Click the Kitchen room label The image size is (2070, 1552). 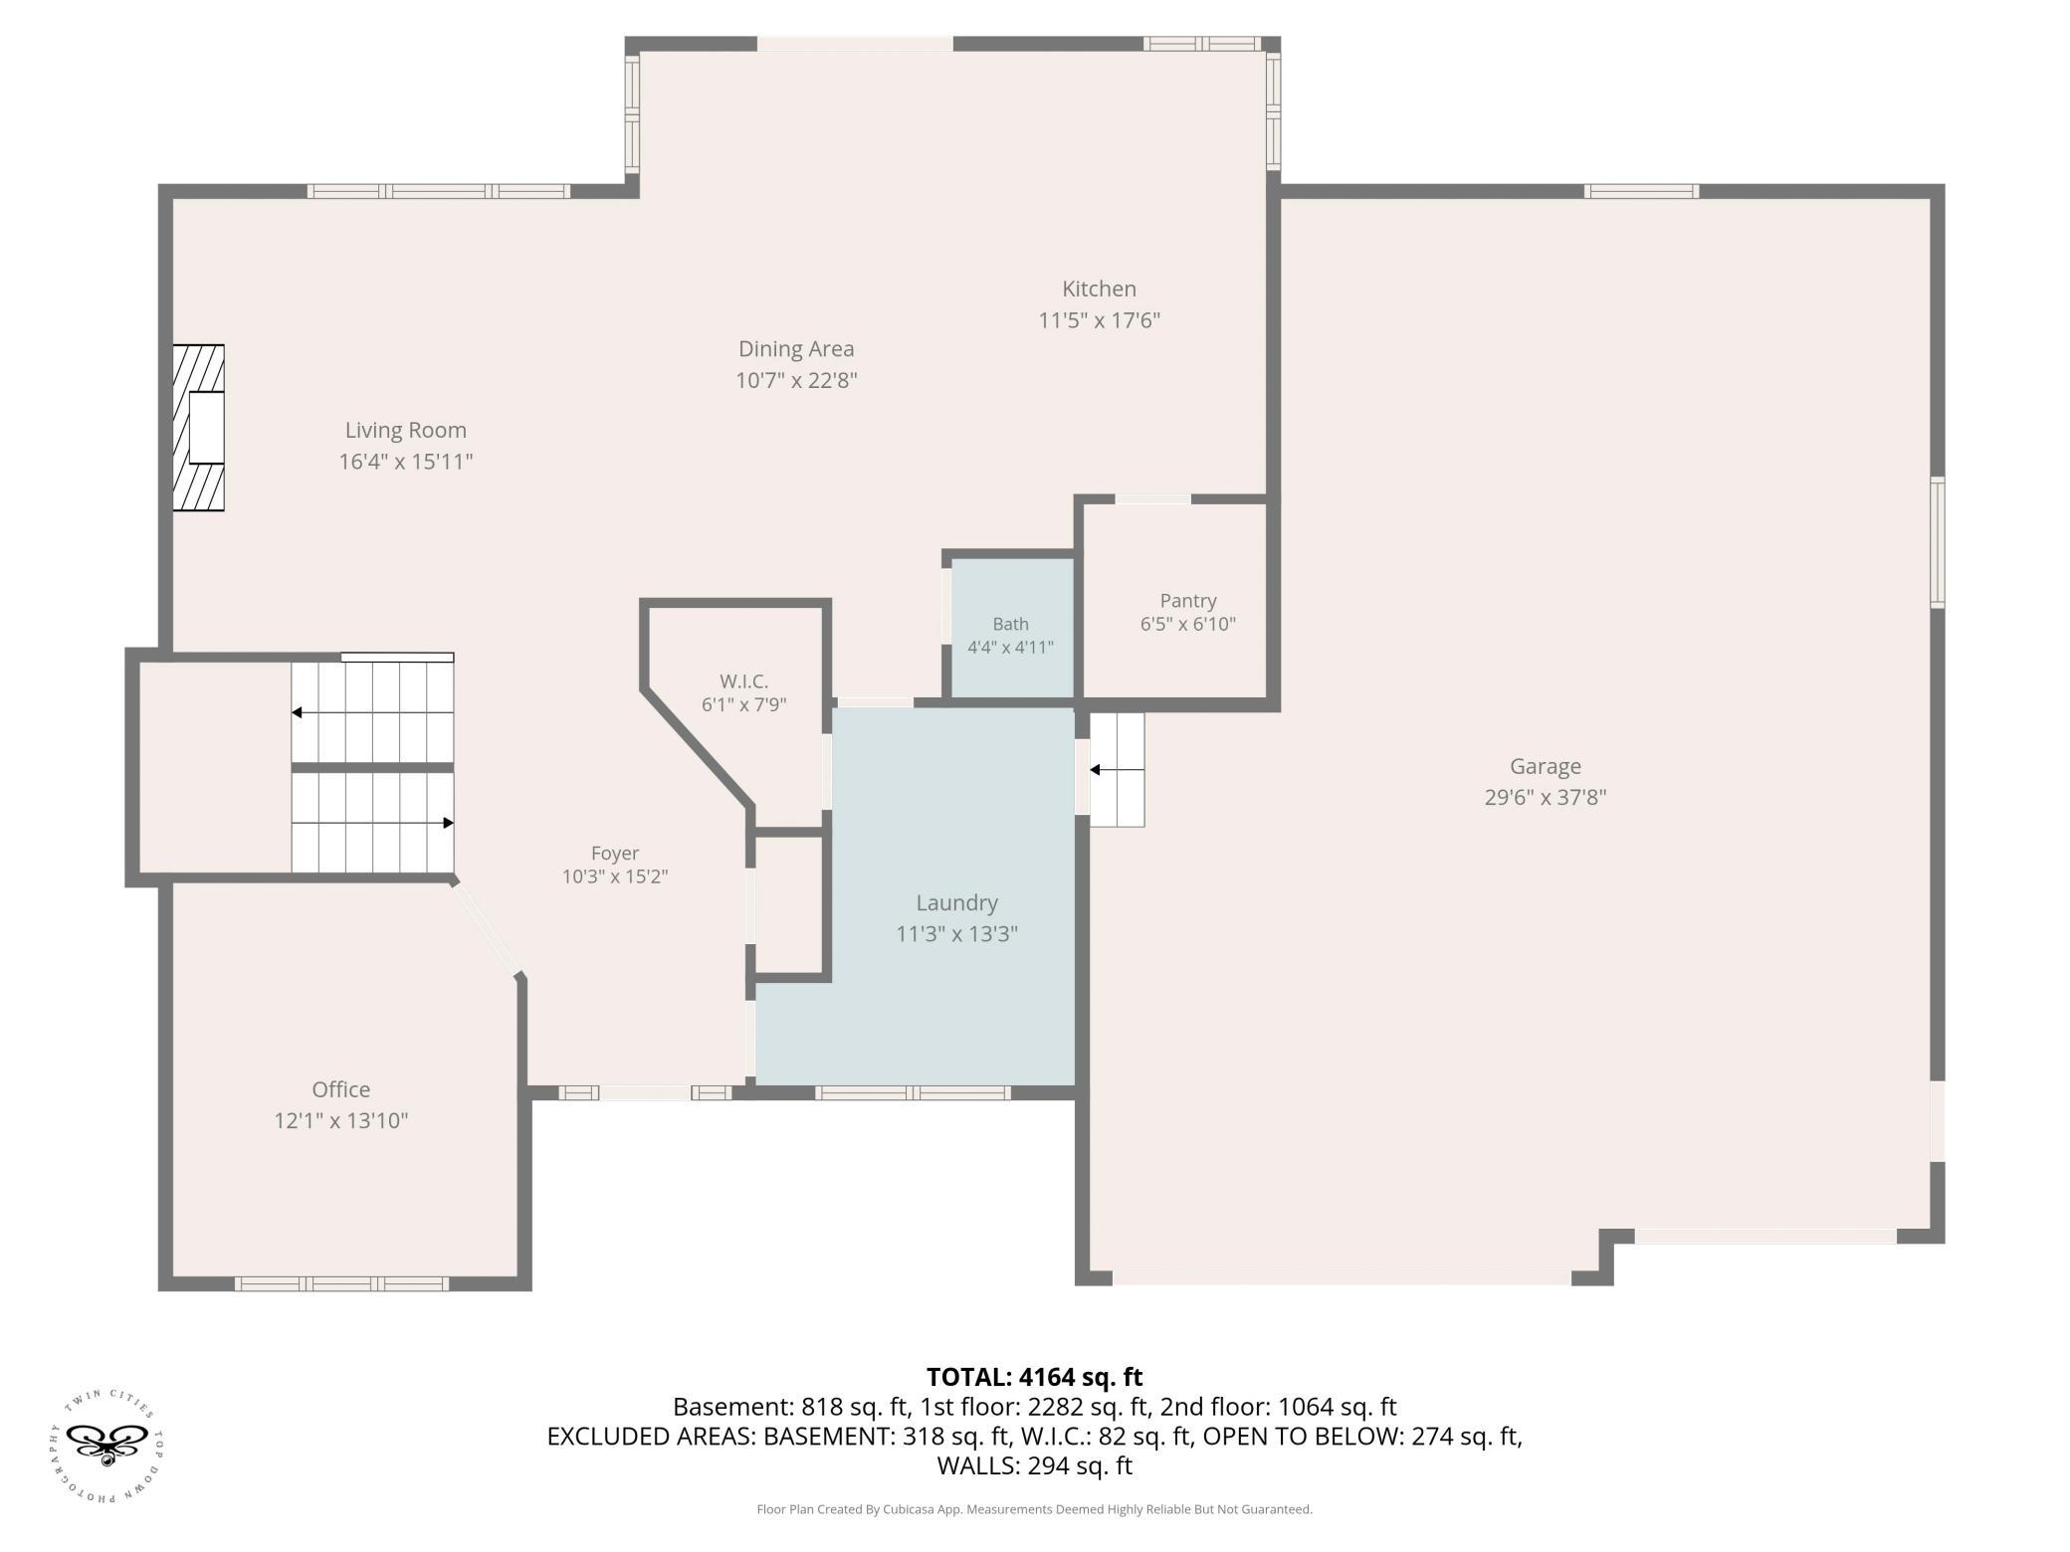1099,290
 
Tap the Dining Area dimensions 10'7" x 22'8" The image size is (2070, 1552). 796,380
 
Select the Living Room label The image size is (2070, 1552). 405,430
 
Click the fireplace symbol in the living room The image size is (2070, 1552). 198,428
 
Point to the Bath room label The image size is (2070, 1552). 1010,624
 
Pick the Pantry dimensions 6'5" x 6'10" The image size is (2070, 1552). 1188,624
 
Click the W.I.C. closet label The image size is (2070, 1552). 744,681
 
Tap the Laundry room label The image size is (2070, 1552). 956,902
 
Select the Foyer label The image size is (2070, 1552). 615,854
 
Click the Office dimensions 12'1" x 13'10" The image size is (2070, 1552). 341,1120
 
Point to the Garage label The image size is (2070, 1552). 1546,766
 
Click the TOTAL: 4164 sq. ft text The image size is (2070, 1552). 1035,1377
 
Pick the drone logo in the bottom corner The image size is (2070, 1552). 105,1448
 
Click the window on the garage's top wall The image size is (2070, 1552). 1641,191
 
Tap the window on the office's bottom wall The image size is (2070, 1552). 341,1283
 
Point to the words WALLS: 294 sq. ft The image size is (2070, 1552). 1035,1465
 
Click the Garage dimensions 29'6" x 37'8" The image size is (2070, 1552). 1546,797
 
